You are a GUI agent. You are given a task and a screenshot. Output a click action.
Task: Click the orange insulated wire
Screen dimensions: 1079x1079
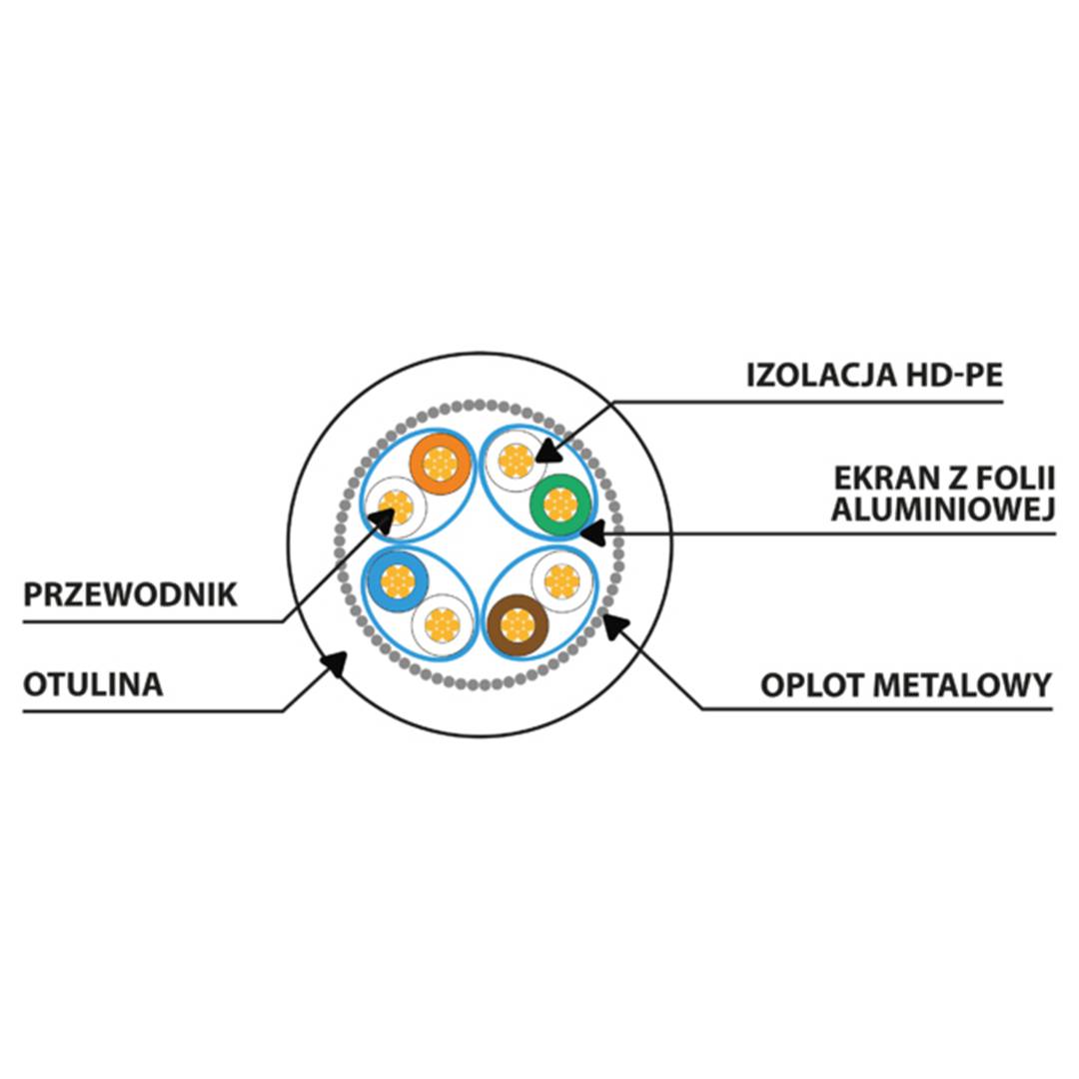[x=440, y=464]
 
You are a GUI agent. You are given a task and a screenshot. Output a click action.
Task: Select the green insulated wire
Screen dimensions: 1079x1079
[x=560, y=506]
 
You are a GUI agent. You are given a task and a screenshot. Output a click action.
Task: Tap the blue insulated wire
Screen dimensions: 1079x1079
[x=398, y=580]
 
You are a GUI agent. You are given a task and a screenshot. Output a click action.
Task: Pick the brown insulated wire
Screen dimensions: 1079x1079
[x=518, y=624]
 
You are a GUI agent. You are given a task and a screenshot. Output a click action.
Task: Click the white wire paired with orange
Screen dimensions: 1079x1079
[x=396, y=507]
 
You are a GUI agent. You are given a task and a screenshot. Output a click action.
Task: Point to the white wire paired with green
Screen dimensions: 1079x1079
[x=516, y=462]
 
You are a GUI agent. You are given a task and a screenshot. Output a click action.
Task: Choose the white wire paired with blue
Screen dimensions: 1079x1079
[x=442, y=625]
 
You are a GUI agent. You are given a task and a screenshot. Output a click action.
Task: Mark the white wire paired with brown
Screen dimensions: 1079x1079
[x=561, y=580]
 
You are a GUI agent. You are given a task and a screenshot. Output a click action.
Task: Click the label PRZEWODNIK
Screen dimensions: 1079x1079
[x=131, y=594]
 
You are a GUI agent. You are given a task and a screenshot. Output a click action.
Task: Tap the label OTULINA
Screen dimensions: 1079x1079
[x=93, y=685]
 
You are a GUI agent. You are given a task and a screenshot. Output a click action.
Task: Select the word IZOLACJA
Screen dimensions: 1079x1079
[x=808, y=376]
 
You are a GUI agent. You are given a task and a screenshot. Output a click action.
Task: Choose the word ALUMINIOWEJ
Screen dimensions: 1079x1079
[x=943, y=511]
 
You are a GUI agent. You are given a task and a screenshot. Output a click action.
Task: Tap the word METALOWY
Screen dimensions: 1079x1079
[x=964, y=685]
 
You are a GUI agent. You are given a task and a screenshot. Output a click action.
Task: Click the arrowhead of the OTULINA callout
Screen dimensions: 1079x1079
[x=337, y=660]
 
